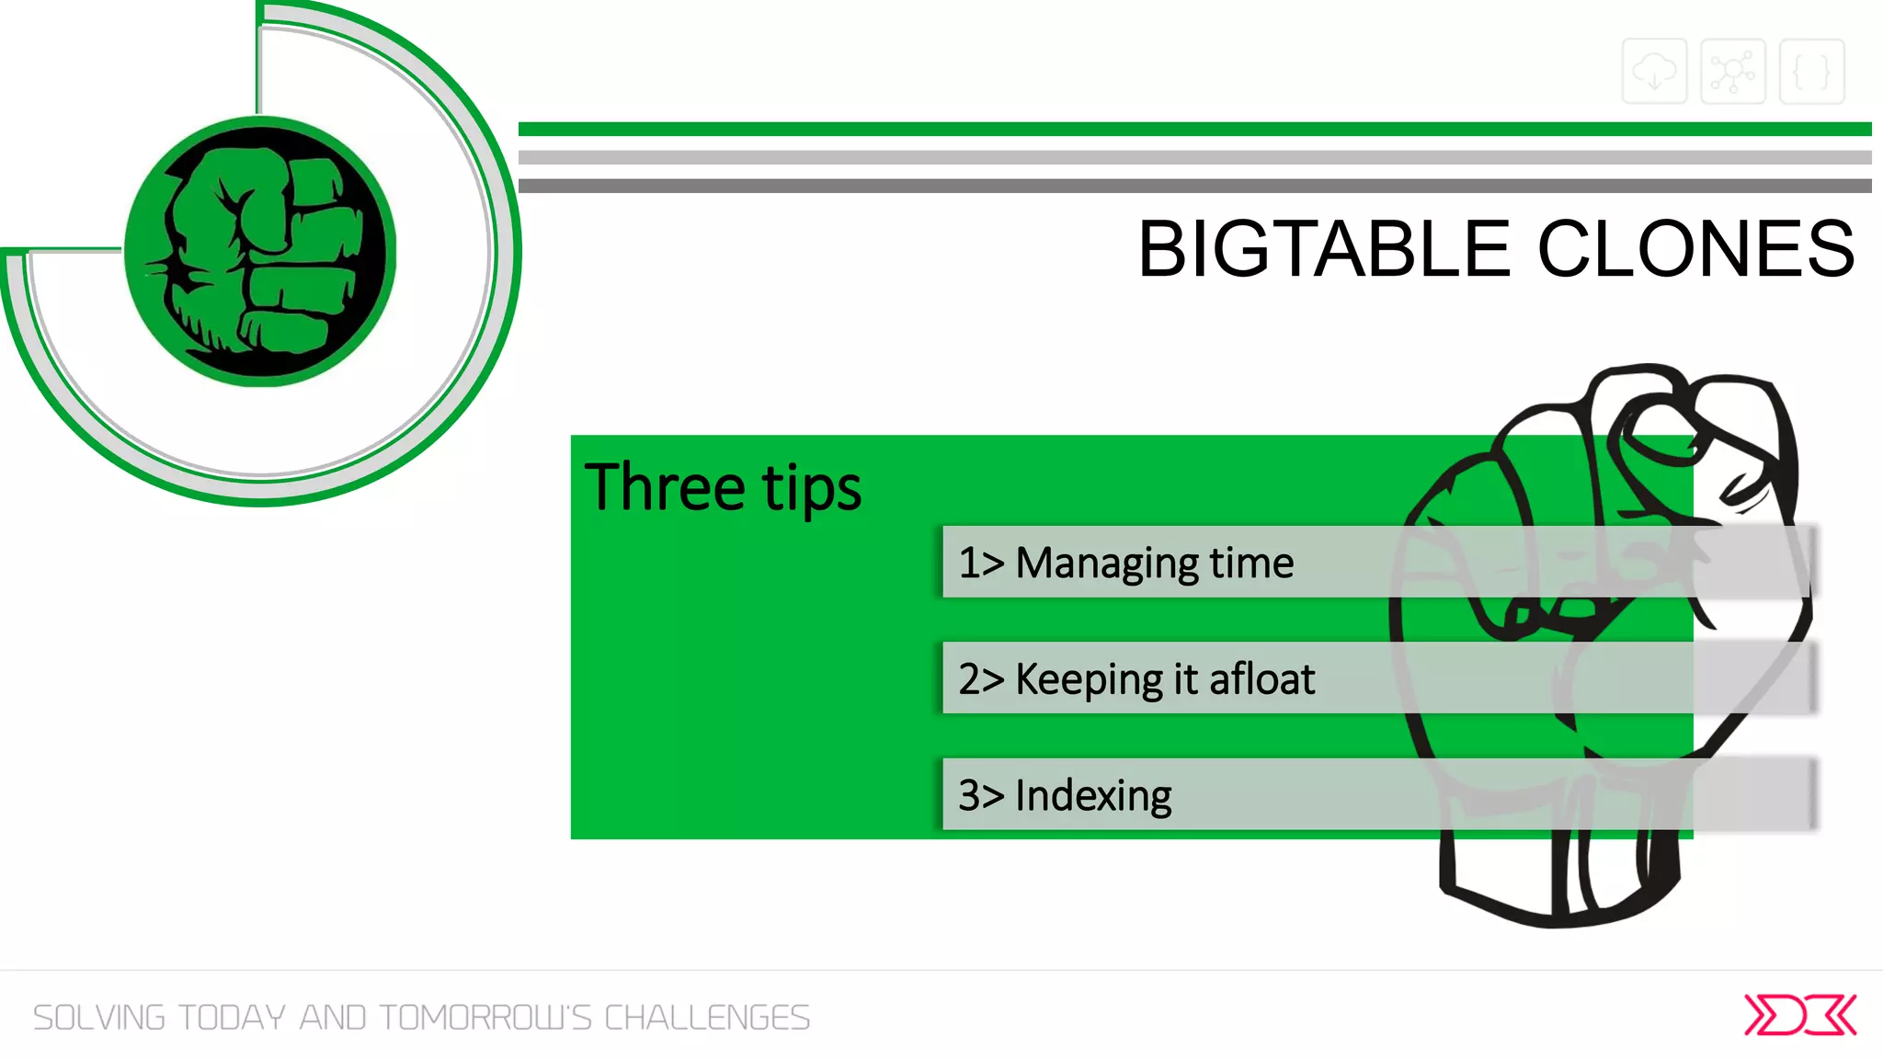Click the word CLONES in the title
coord(1696,249)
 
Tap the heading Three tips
coord(723,487)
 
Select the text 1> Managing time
coord(1125,563)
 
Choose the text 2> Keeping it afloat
coord(1136,679)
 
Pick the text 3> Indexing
coord(1065,795)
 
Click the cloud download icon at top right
coord(1654,72)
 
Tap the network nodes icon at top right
coord(1733,72)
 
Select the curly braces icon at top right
coord(1811,72)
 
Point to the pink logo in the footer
coord(1799,1015)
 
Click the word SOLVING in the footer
coord(99,1018)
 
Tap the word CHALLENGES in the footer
coord(707,1018)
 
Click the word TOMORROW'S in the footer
coord(485,1018)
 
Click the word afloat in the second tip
coord(1261,679)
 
